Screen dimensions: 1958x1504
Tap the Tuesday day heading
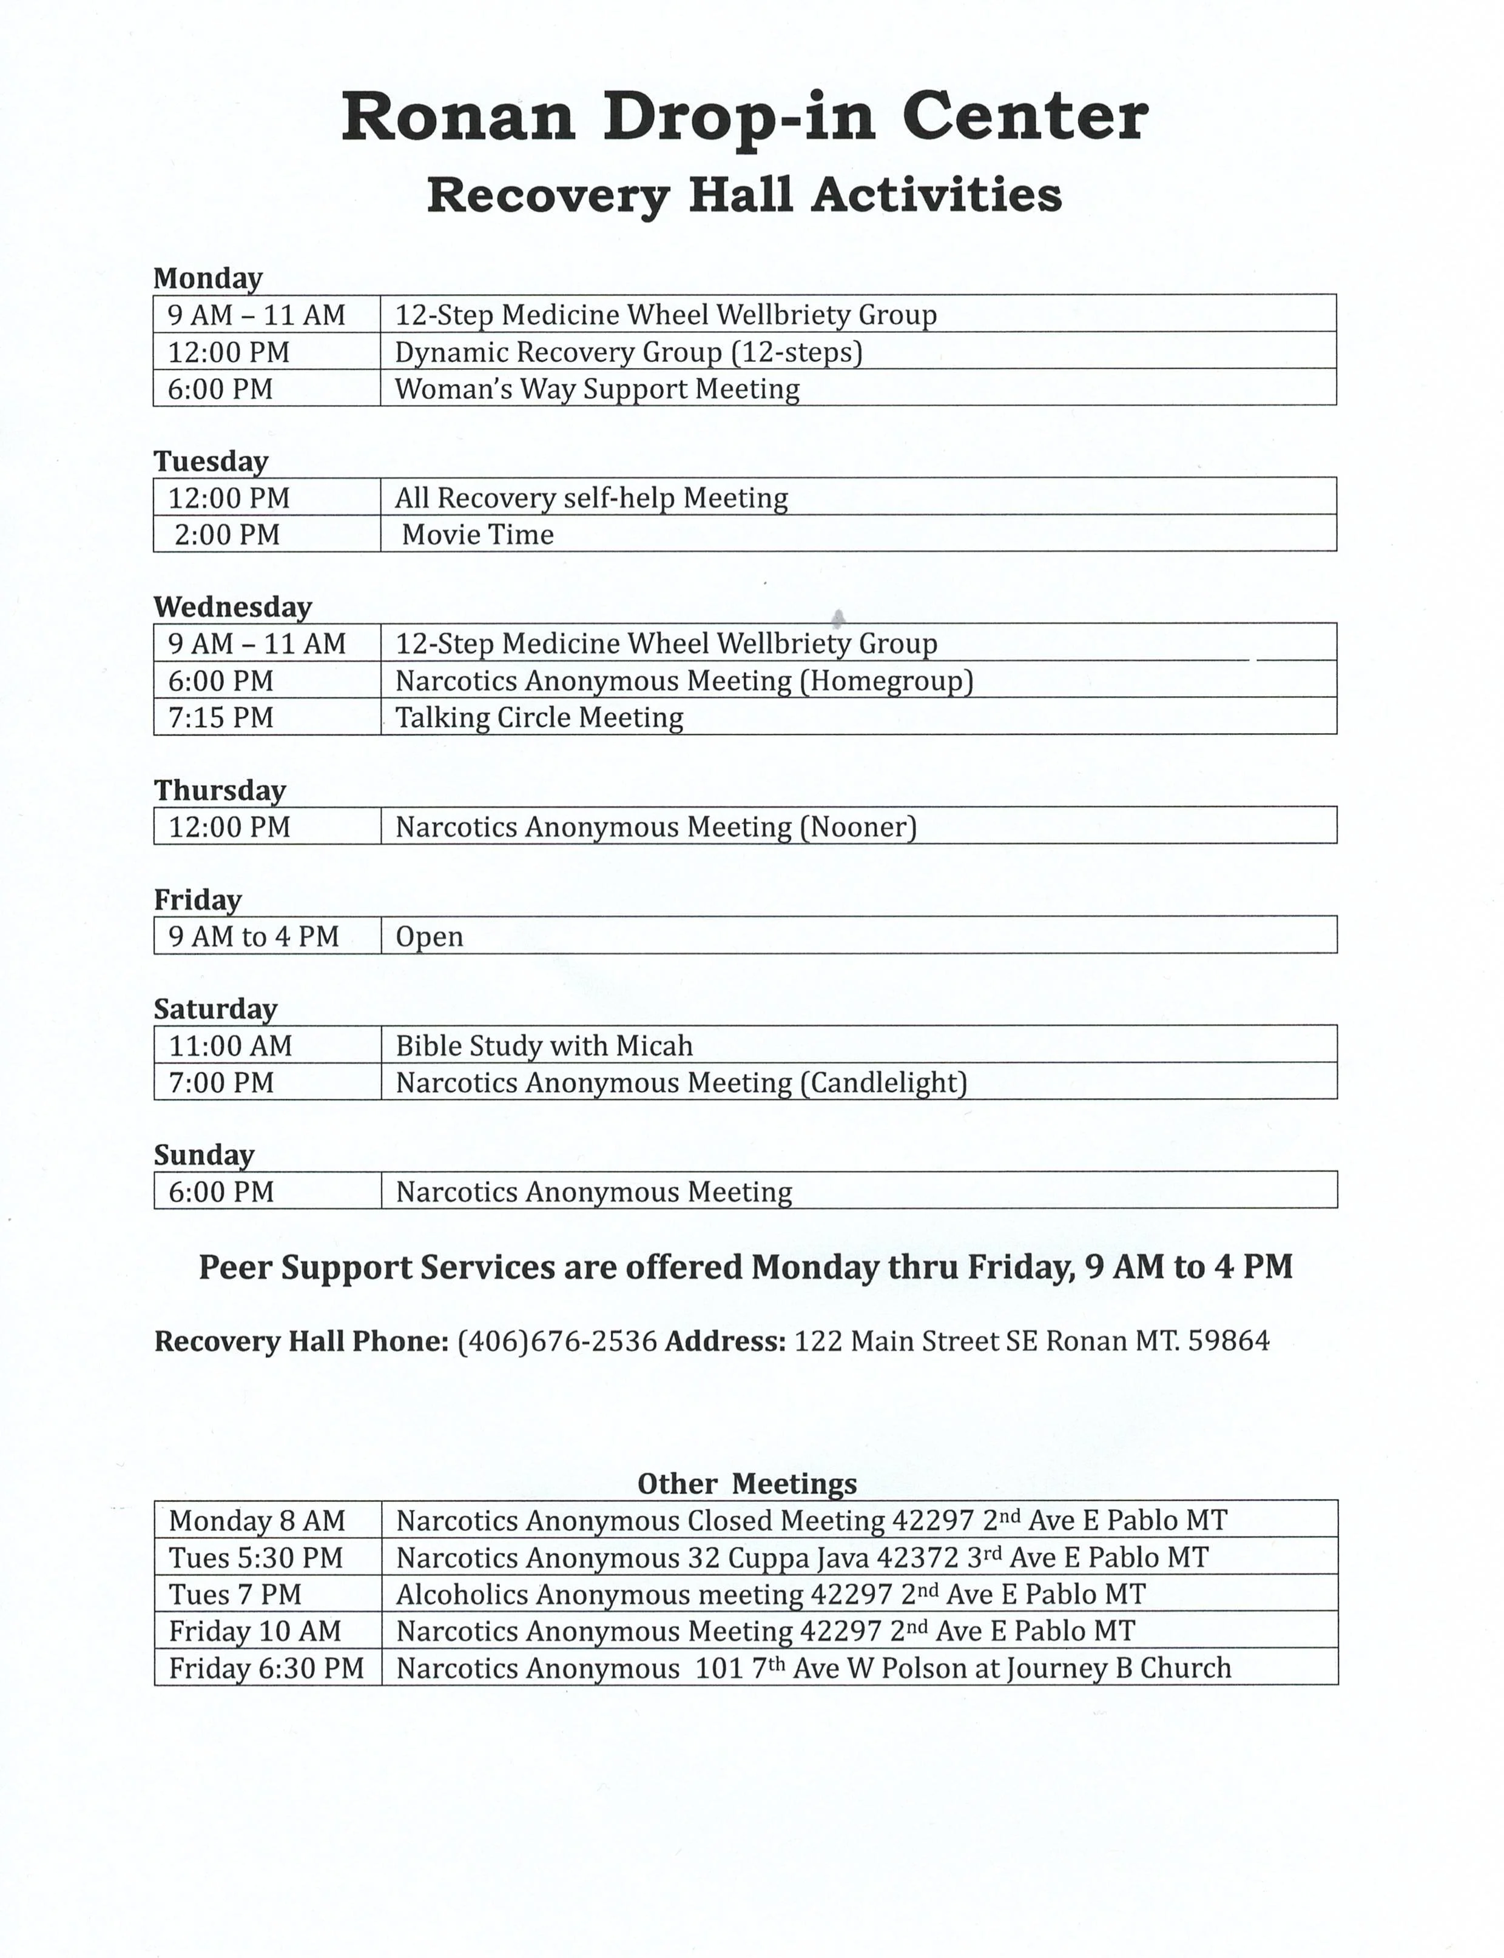point(211,461)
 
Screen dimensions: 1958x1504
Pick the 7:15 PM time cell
point(220,717)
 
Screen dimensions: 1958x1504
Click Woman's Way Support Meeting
point(597,388)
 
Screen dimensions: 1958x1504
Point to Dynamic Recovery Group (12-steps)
point(629,352)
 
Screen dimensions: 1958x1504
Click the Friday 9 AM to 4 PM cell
point(254,936)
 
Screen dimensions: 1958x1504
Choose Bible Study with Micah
point(544,1045)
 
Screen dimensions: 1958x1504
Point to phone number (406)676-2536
point(557,1341)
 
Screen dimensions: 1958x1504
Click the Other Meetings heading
point(747,1484)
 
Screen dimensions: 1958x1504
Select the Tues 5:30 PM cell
point(256,1558)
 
